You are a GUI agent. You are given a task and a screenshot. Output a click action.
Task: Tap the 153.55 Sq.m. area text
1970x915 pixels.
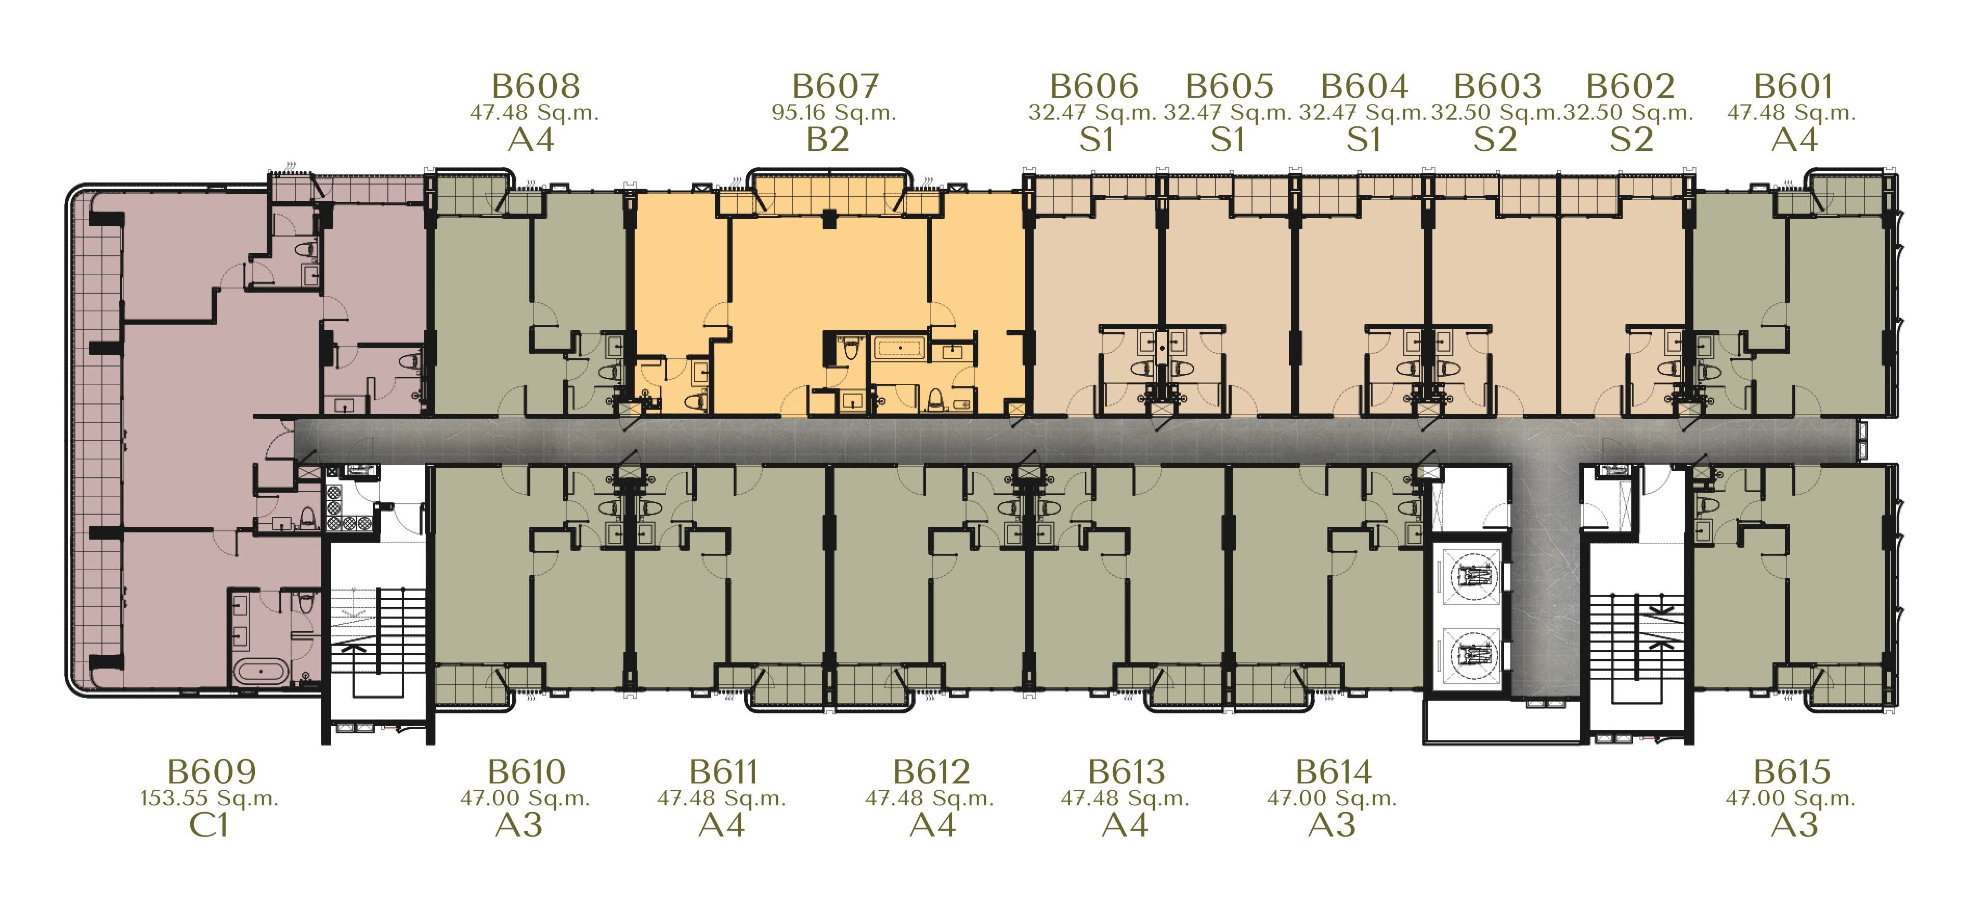pos(210,799)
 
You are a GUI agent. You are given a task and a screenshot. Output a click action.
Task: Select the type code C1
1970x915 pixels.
pos(209,826)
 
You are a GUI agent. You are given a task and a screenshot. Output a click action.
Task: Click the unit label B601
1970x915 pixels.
pos(1793,86)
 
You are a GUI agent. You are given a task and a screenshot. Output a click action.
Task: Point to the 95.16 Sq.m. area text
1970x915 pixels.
pos(833,113)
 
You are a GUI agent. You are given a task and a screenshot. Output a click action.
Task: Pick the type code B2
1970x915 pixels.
pos(828,140)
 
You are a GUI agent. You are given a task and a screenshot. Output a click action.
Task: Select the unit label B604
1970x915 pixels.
pos(1364,86)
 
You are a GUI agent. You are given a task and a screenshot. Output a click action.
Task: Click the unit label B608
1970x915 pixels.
pos(536,86)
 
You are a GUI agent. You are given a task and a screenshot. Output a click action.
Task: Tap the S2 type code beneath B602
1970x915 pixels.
pos(1631,140)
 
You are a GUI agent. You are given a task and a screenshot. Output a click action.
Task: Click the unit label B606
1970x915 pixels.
pos(1094,86)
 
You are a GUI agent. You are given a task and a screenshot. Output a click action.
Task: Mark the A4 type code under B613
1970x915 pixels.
pos(1125,826)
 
